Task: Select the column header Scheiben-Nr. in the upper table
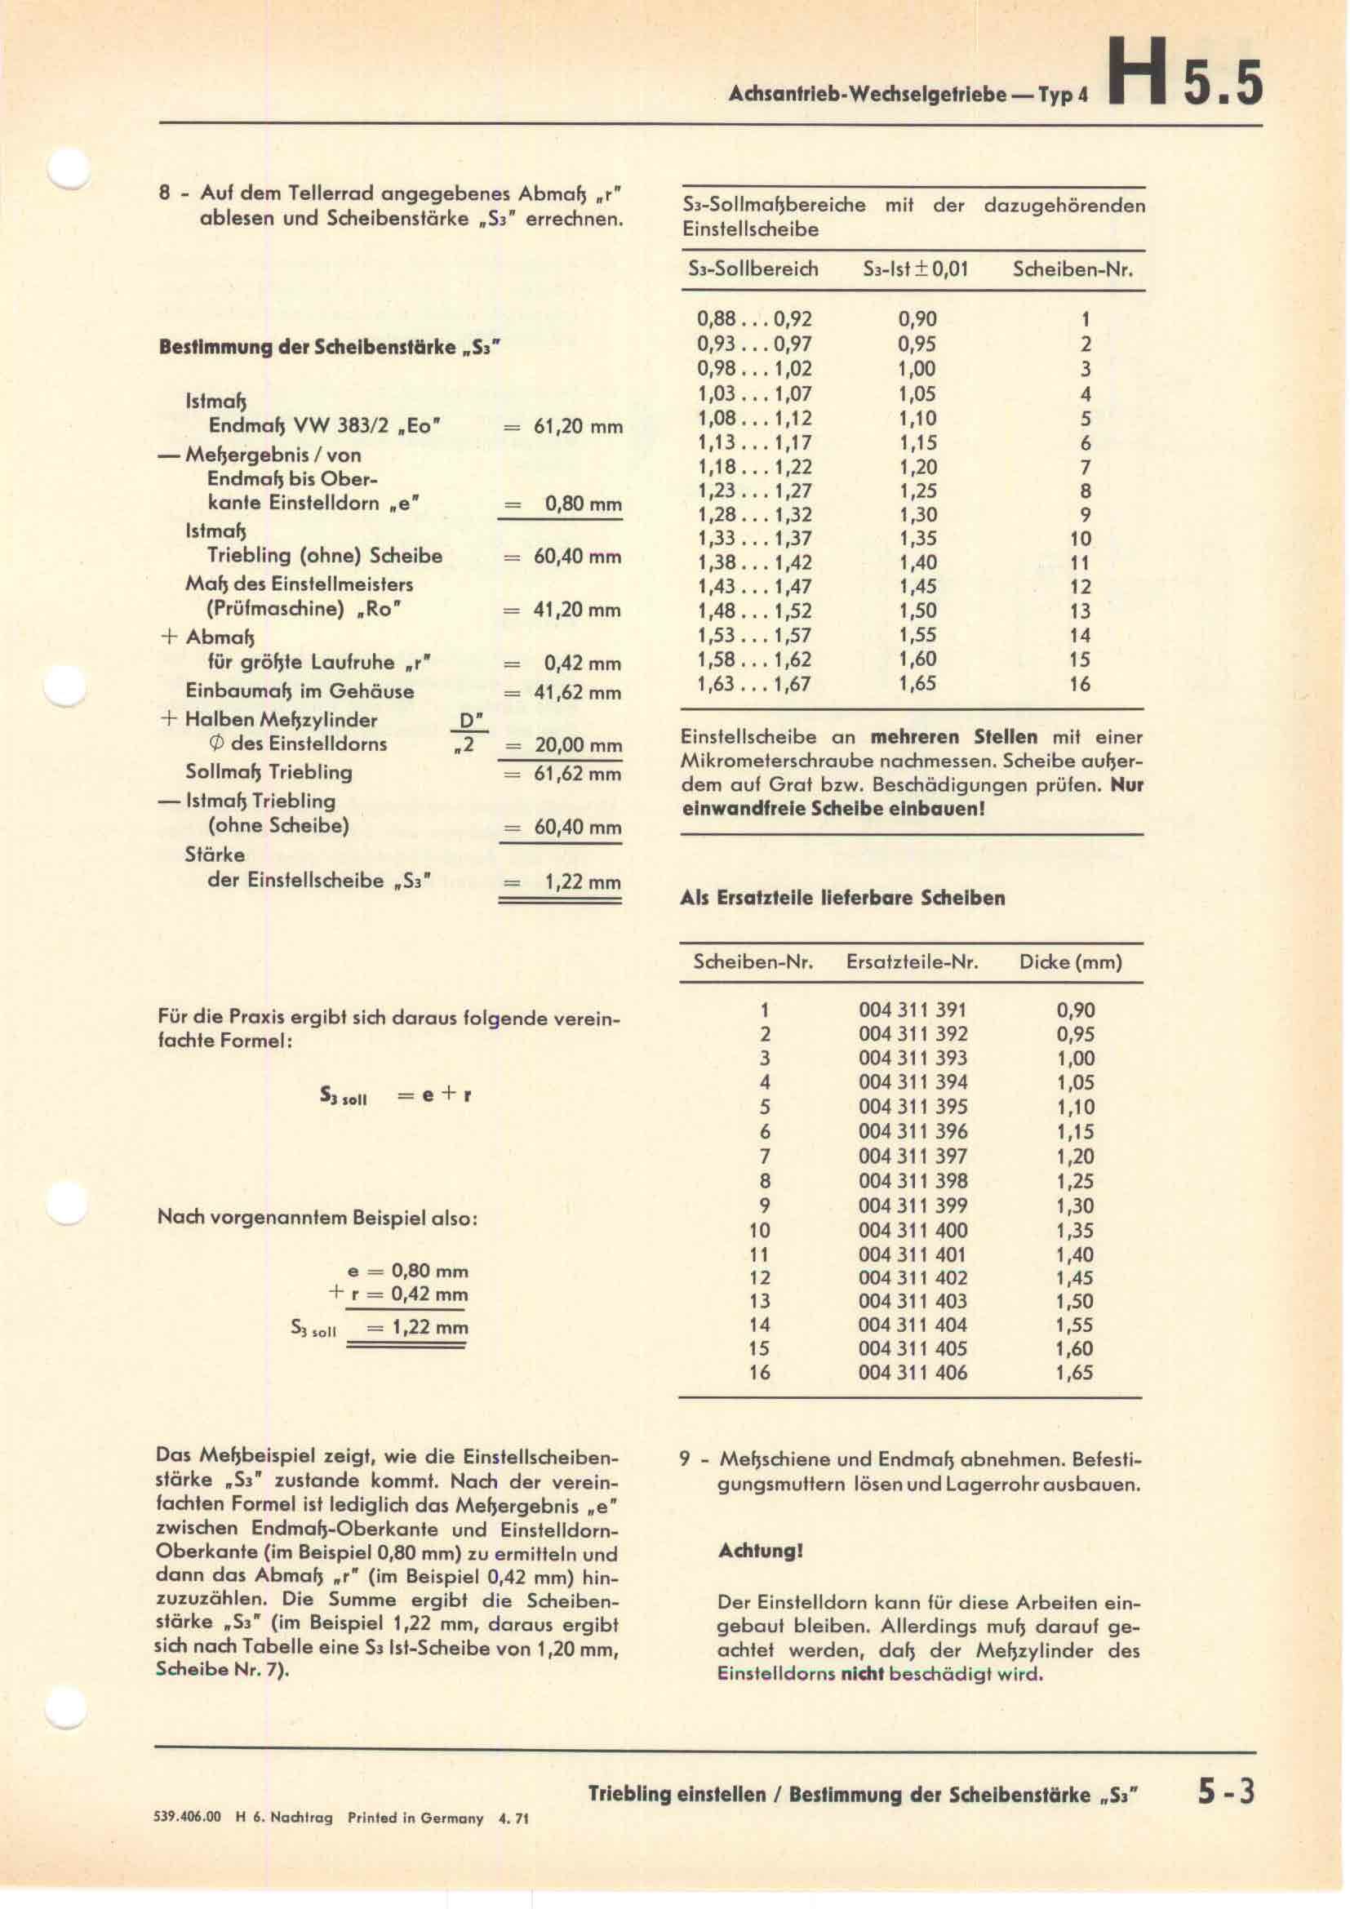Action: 1072,269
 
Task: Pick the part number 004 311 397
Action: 913,1156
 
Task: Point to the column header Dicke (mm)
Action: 1071,963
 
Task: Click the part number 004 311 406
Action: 913,1373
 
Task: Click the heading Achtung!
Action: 761,1551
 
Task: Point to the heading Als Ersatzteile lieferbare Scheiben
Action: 843,898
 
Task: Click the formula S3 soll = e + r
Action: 396,1096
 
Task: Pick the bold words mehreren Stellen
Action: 953,737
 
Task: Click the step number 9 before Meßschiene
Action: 685,1459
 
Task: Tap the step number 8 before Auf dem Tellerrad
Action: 165,193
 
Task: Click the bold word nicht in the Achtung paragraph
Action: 862,1674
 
